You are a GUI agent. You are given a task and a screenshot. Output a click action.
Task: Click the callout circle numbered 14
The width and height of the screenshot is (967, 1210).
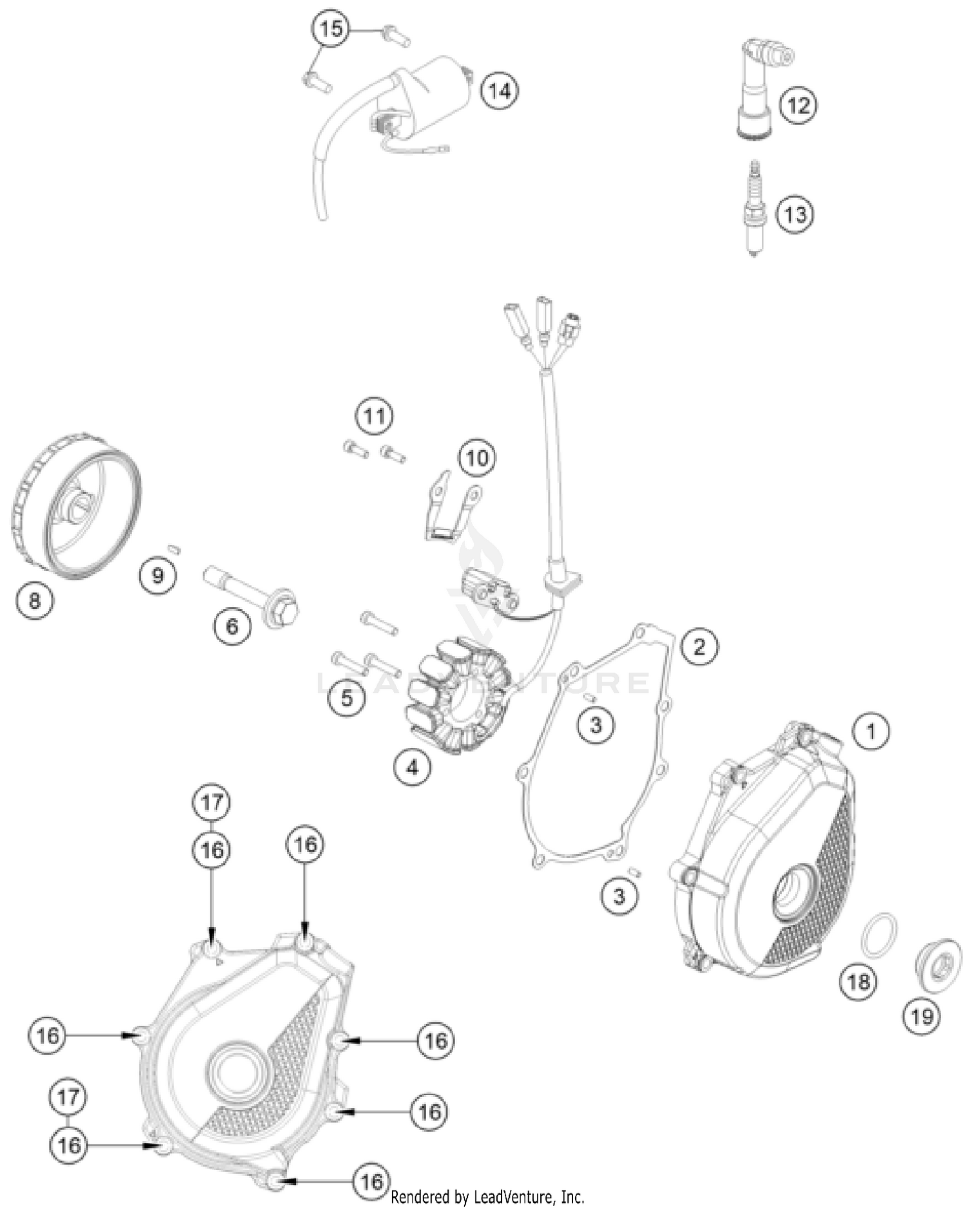(x=500, y=90)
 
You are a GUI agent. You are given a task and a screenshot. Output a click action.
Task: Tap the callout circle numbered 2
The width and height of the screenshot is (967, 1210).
(x=699, y=646)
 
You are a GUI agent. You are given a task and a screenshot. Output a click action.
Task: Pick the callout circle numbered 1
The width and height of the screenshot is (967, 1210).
(x=870, y=731)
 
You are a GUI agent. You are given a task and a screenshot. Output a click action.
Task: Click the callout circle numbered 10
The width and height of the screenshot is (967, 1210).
(x=476, y=458)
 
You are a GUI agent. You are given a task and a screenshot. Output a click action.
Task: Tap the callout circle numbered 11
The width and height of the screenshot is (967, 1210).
(x=375, y=416)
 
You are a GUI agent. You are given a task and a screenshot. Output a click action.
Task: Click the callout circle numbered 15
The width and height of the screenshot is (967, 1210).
(x=331, y=29)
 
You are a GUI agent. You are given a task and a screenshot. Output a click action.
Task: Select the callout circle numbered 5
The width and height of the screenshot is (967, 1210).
(x=347, y=697)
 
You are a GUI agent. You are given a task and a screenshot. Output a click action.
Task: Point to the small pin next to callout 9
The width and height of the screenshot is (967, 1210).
(x=173, y=549)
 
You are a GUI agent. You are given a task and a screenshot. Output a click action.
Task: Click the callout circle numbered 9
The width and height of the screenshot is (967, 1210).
(x=158, y=575)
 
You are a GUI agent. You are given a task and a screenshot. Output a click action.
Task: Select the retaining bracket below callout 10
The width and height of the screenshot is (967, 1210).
(x=451, y=510)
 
